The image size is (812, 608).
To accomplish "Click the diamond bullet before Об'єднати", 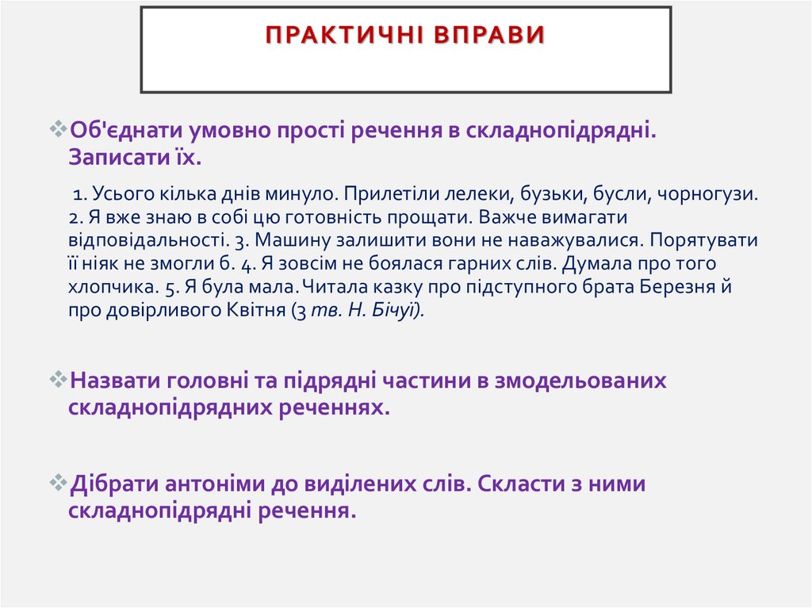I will [x=60, y=128].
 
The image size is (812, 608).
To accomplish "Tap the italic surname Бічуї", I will [x=401, y=310].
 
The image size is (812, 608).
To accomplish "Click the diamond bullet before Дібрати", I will [x=60, y=484].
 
